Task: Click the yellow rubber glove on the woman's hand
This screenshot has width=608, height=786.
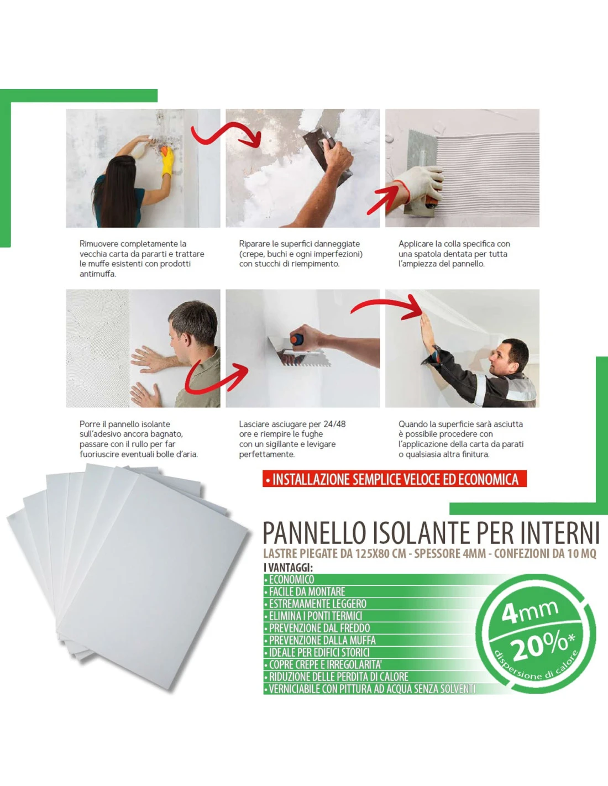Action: [167, 161]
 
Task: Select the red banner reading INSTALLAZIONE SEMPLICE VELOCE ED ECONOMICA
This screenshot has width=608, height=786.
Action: [395, 479]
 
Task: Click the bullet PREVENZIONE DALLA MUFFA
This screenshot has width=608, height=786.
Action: [320, 640]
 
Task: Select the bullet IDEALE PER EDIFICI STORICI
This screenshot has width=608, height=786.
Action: [317, 652]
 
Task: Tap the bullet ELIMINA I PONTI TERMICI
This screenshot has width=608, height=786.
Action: [313, 616]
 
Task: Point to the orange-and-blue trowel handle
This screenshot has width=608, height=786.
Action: [297, 339]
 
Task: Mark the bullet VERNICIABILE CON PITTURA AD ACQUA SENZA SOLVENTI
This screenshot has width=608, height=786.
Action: [369, 689]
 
